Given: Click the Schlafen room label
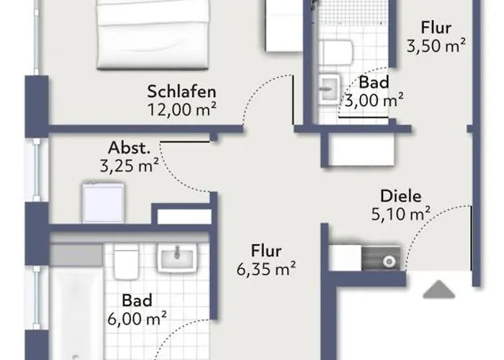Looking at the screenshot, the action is coord(181,91).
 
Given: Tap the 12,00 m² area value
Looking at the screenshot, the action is coord(181,109).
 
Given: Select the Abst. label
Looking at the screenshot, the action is coord(129,148).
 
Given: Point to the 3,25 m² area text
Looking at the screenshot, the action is coord(129,166).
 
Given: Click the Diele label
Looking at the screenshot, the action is coord(401,196).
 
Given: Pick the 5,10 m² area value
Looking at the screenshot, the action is coord(401,213).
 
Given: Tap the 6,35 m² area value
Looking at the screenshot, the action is coord(266,269).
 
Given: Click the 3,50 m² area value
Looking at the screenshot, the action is coord(436,45).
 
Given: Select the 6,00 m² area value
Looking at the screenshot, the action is coord(137,318).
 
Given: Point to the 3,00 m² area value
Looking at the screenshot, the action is coord(374,100).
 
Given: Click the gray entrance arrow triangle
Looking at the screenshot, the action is coord(438,289).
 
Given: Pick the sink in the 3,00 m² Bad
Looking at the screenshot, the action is coord(329,89).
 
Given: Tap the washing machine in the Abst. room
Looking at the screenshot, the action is coord(103,202).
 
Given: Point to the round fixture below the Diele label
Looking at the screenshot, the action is coord(390,262).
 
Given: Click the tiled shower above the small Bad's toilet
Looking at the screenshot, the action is coord(353,13).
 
